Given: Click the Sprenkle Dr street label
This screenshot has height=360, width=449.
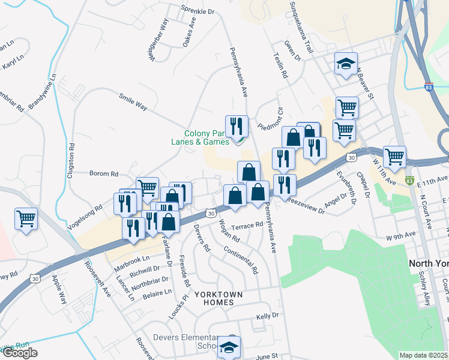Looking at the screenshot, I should [197, 11].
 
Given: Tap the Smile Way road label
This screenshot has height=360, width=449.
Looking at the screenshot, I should [133, 101].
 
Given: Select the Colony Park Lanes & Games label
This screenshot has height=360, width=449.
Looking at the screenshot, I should [206, 137].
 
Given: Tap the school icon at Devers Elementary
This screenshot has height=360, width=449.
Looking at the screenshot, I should [229, 346].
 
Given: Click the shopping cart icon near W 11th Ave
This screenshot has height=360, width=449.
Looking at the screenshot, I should [394, 157].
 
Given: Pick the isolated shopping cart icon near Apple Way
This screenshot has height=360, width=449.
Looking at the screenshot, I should [26, 218].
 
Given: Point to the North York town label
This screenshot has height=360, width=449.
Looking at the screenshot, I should [429, 263].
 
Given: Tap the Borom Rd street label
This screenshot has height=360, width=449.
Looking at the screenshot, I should [104, 174].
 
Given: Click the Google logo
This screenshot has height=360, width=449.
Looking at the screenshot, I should [20, 353].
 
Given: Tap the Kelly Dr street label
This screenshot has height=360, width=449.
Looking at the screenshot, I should [268, 316].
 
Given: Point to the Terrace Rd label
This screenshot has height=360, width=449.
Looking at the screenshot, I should [248, 226].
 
